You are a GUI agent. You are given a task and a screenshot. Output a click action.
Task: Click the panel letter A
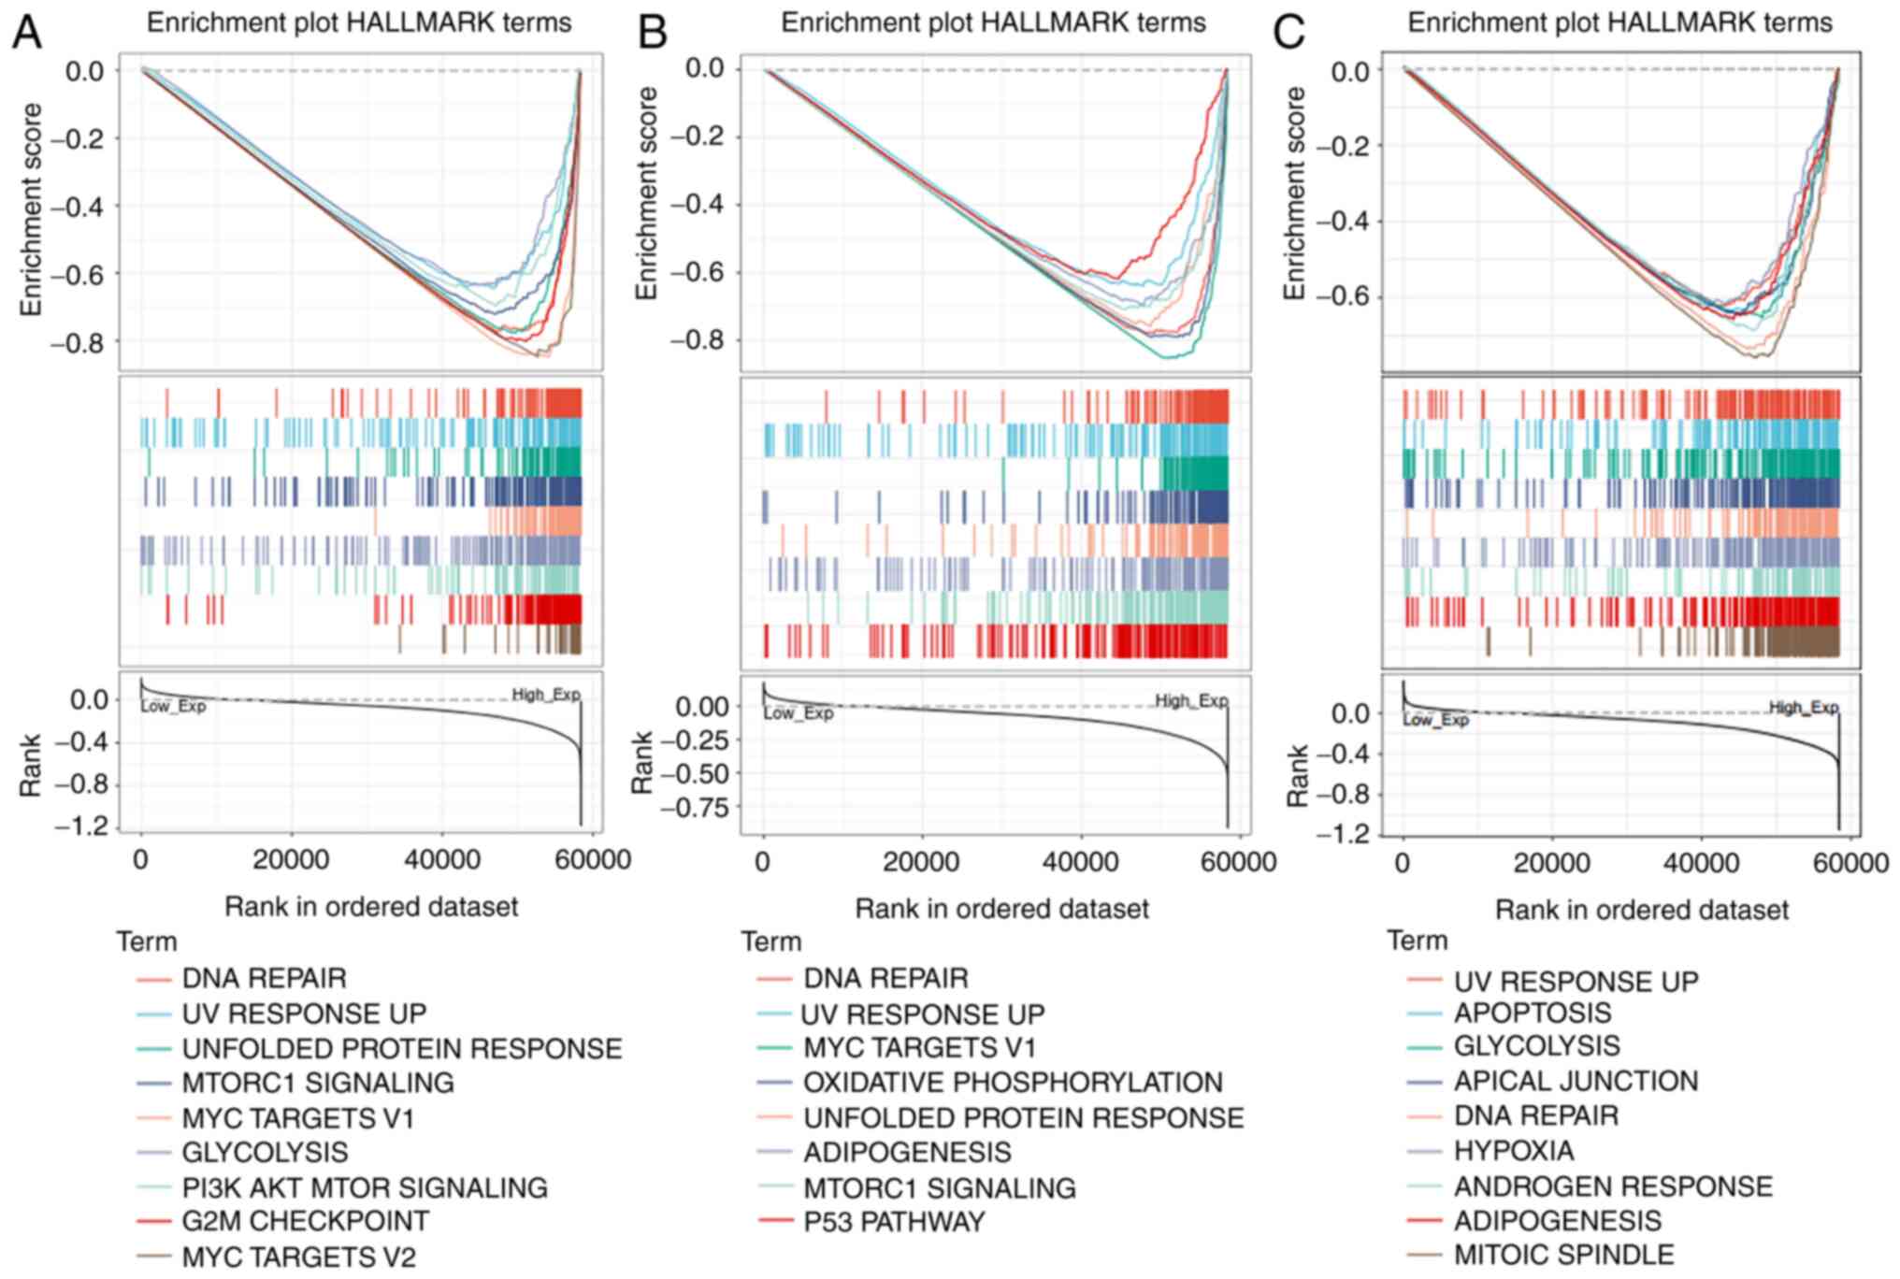click(x=27, y=34)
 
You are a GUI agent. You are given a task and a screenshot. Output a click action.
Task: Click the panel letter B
click(x=652, y=34)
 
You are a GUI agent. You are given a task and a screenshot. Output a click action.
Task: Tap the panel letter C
click(x=1289, y=34)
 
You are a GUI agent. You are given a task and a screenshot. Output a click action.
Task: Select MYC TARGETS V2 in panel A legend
click(x=298, y=1257)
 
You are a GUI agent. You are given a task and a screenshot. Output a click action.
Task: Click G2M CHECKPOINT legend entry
click(x=305, y=1221)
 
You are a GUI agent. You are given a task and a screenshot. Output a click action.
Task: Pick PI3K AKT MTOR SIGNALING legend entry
click(x=364, y=1187)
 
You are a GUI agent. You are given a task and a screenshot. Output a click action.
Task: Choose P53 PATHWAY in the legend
click(x=894, y=1222)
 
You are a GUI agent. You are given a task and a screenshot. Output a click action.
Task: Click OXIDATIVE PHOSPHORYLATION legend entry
click(x=1013, y=1083)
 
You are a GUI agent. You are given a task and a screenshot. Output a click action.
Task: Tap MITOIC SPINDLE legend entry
click(x=1563, y=1255)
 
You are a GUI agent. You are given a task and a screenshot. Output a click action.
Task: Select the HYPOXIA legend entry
click(x=1513, y=1150)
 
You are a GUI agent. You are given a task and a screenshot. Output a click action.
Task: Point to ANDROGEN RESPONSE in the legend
click(x=1613, y=1187)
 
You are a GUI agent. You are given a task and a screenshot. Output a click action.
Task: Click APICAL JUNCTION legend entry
click(x=1576, y=1081)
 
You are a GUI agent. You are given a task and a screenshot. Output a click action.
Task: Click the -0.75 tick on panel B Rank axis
click(x=694, y=807)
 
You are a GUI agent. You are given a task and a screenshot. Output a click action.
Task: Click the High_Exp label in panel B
click(x=1191, y=701)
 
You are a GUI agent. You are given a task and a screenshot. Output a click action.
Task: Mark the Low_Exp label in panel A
click(x=173, y=707)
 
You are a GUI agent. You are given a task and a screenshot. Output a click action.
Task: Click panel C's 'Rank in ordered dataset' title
click(x=1642, y=910)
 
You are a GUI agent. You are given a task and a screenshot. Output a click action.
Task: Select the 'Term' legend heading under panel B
click(x=771, y=941)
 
